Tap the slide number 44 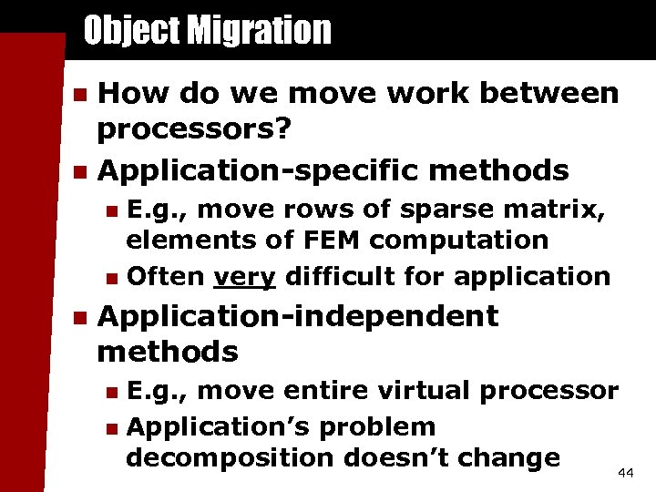tap(625, 473)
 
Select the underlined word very tap(244, 276)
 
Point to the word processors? tap(194, 129)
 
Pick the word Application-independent tap(298, 316)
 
